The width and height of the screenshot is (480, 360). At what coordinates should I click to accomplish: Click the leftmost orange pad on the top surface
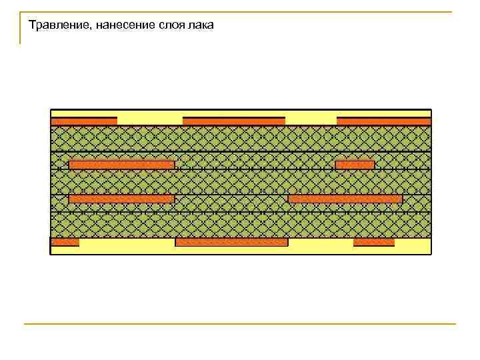[x=84, y=121]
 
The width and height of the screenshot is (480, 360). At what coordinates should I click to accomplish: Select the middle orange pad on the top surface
[x=233, y=121]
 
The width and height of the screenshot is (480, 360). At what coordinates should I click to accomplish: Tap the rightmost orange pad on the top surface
[x=384, y=121]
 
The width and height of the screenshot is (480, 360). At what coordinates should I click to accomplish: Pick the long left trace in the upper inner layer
[x=121, y=165]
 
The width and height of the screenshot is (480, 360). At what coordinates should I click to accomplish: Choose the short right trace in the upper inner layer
[x=355, y=165]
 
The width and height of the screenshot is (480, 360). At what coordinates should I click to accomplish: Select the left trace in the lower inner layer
[x=121, y=199]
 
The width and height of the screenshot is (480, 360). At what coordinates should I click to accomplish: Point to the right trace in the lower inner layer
[x=345, y=199]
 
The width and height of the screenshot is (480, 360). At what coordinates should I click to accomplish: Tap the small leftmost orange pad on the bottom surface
[x=65, y=243]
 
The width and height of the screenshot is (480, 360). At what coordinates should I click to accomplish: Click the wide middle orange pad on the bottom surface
[x=231, y=243]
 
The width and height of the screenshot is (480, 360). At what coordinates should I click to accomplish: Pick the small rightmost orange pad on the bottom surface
[x=373, y=243]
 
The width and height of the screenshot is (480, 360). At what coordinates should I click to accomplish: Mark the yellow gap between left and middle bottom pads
[x=127, y=245]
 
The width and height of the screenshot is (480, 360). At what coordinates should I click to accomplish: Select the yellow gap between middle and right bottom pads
[x=320, y=245]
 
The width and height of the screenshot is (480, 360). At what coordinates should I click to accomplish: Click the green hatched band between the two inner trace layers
[x=240, y=182]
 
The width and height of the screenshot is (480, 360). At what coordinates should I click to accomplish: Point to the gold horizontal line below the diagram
[x=240, y=325]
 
